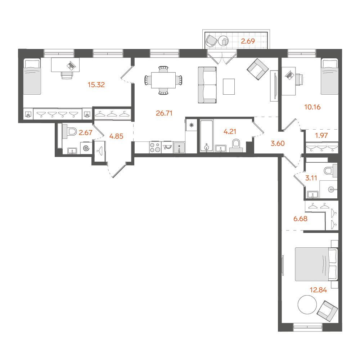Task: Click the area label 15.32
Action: point(96,85)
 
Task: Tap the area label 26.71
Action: point(164,113)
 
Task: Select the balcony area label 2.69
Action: point(248,41)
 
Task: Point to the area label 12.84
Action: point(318,290)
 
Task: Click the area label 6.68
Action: point(300,219)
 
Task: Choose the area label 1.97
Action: point(321,135)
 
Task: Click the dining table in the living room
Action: point(163,80)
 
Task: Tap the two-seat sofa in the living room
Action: point(207,85)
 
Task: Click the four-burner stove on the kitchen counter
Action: point(155,147)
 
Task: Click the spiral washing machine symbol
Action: point(86,148)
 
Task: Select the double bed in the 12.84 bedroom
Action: point(316,264)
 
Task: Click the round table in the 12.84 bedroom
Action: point(307,305)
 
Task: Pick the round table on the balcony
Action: point(224,41)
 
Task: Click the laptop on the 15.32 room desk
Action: point(71,66)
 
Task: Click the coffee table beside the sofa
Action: point(229,86)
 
